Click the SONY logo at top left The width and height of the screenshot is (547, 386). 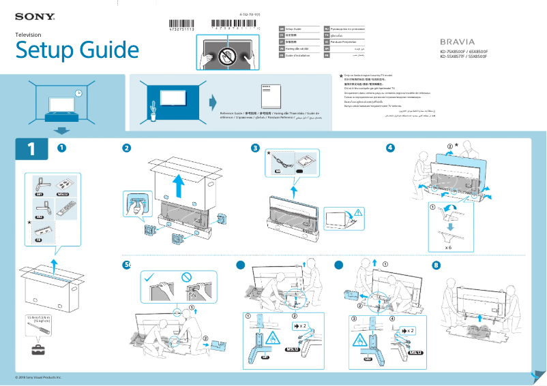click(x=35, y=14)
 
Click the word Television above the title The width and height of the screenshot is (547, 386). click(x=29, y=34)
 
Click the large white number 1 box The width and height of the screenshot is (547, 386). click(x=31, y=148)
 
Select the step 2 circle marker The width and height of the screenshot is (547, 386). click(x=127, y=148)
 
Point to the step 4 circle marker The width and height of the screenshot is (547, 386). click(x=389, y=148)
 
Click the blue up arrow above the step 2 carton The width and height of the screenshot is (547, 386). click(x=178, y=184)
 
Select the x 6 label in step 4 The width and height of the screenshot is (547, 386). click(x=448, y=247)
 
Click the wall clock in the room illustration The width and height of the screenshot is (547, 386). click(x=78, y=93)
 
